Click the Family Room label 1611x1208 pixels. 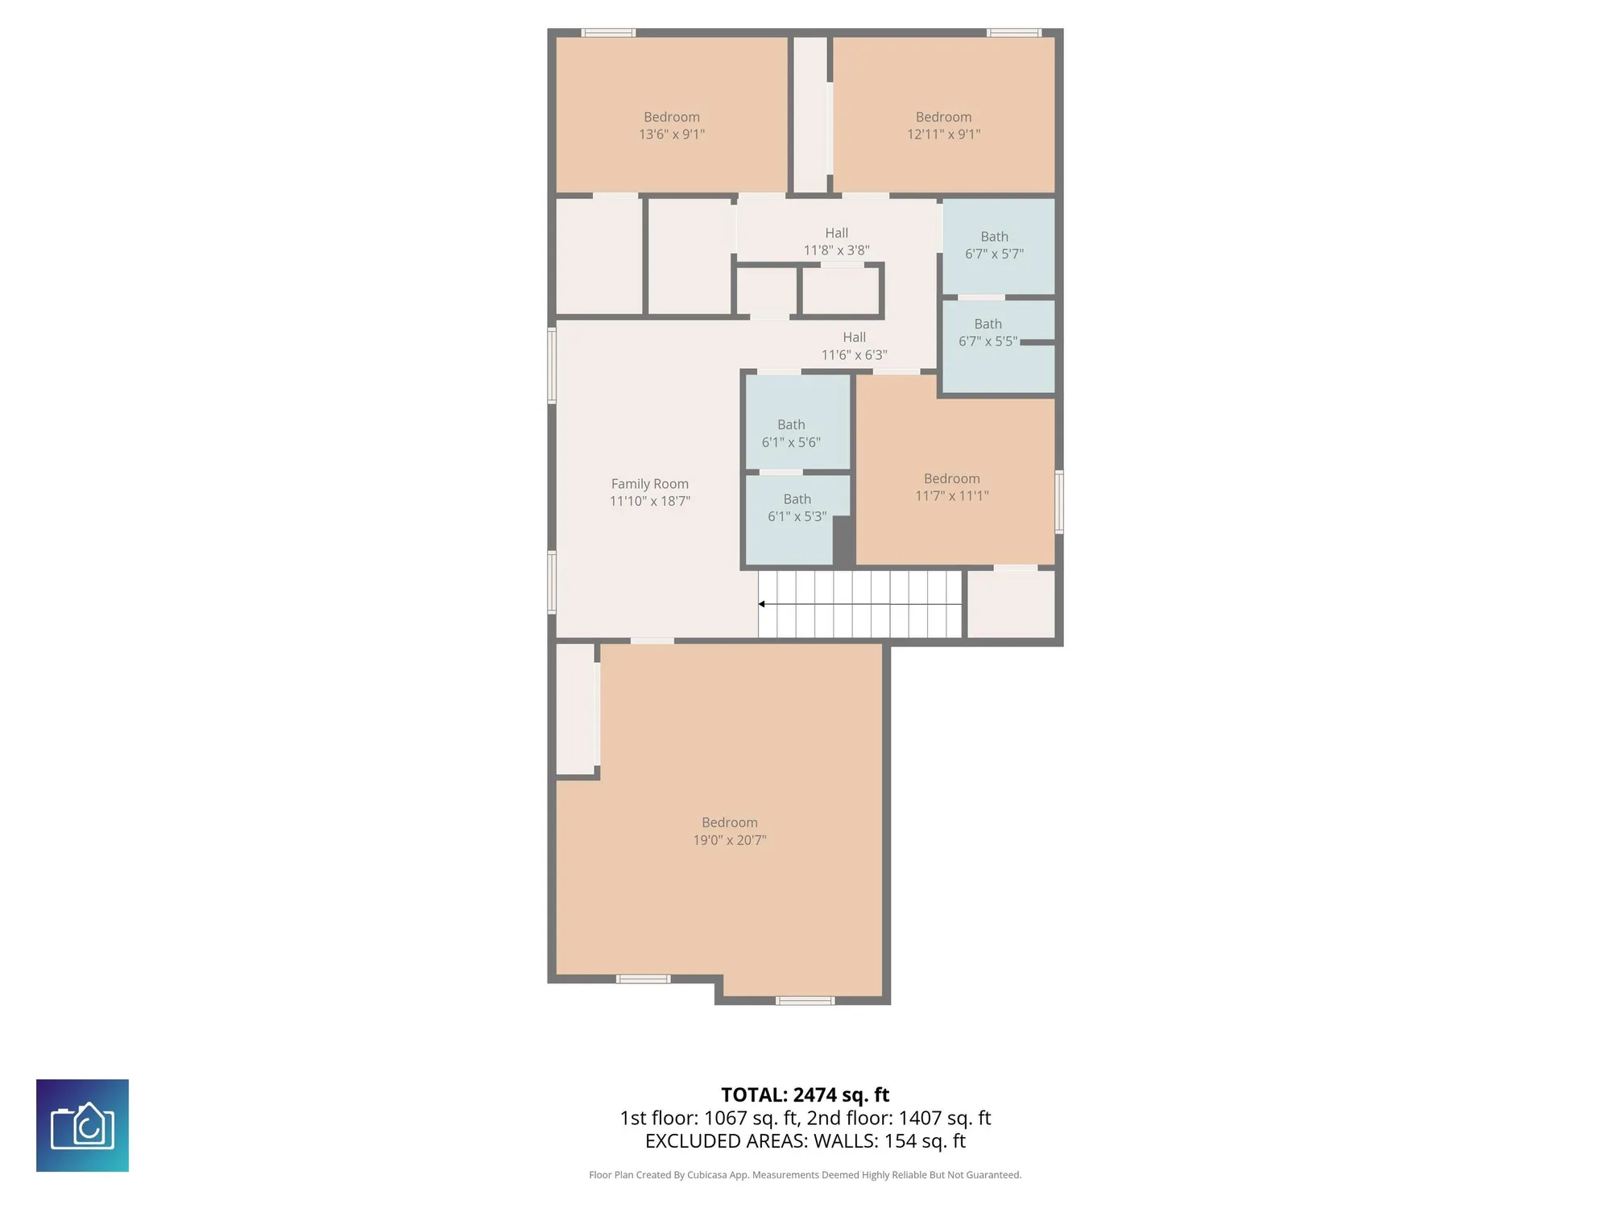pos(649,484)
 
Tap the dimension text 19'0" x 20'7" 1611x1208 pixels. pos(729,840)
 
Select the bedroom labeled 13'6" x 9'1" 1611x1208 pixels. pos(671,126)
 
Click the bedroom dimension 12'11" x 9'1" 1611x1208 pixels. pos(943,134)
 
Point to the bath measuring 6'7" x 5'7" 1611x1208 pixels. pos(994,245)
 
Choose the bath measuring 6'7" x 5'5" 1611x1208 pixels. pos(988,333)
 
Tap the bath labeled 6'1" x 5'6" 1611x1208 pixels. pos(791,433)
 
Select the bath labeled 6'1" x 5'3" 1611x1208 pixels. pos(797,508)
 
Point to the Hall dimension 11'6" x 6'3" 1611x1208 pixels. pos(854,355)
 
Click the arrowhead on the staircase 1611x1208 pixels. pos(762,604)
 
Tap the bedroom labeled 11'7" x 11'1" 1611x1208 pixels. pos(951,487)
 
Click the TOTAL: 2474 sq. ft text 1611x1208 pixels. pos(805,1095)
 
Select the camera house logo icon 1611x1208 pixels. pos(82,1125)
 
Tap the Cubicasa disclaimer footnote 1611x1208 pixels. pos(805,1175)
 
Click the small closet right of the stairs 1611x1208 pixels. pos(1010,604)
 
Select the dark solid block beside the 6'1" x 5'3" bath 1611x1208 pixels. pos(843,540)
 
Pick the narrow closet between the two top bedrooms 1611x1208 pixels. pos(810,114)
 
